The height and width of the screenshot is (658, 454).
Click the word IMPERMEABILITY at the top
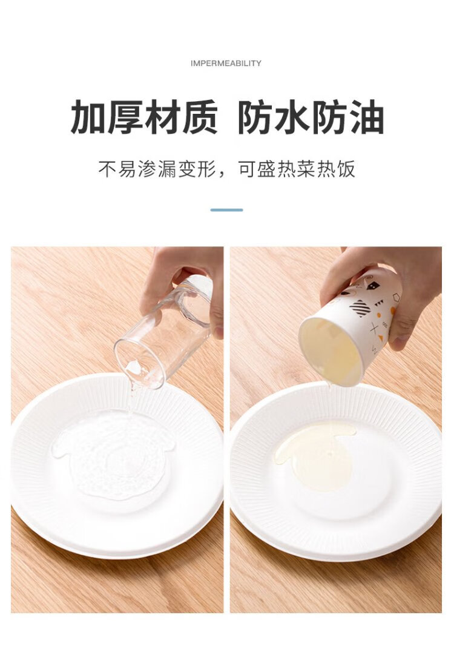226,64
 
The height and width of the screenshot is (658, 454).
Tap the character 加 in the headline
88,117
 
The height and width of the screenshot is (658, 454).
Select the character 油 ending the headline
366,117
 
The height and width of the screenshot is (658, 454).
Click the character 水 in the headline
292,117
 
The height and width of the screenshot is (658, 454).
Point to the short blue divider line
226,210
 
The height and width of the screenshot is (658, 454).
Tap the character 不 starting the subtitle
107,169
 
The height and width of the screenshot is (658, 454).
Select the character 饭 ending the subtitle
346,169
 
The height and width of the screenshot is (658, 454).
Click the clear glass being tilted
163,332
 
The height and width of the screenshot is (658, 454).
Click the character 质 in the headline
199,117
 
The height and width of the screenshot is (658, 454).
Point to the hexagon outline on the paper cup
396,298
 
